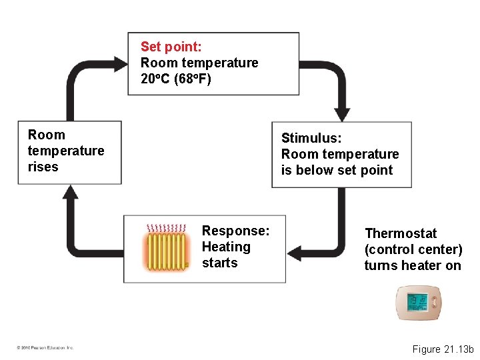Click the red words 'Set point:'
[171, 47]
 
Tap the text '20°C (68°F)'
[175, 79]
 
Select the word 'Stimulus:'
[311, 138]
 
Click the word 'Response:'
[235, 231]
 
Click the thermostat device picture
[418, 303]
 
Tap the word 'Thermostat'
[401, 233]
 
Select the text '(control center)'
[413, 249]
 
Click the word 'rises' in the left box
[43, 167]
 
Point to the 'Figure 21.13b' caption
[442, 349]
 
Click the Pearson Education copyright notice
[45, 347]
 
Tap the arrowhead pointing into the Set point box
[121, 64]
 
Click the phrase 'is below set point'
[337, 170]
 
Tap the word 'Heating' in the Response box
[226, 247]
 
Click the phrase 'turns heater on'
[412, 265]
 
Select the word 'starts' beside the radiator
[219, 263]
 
